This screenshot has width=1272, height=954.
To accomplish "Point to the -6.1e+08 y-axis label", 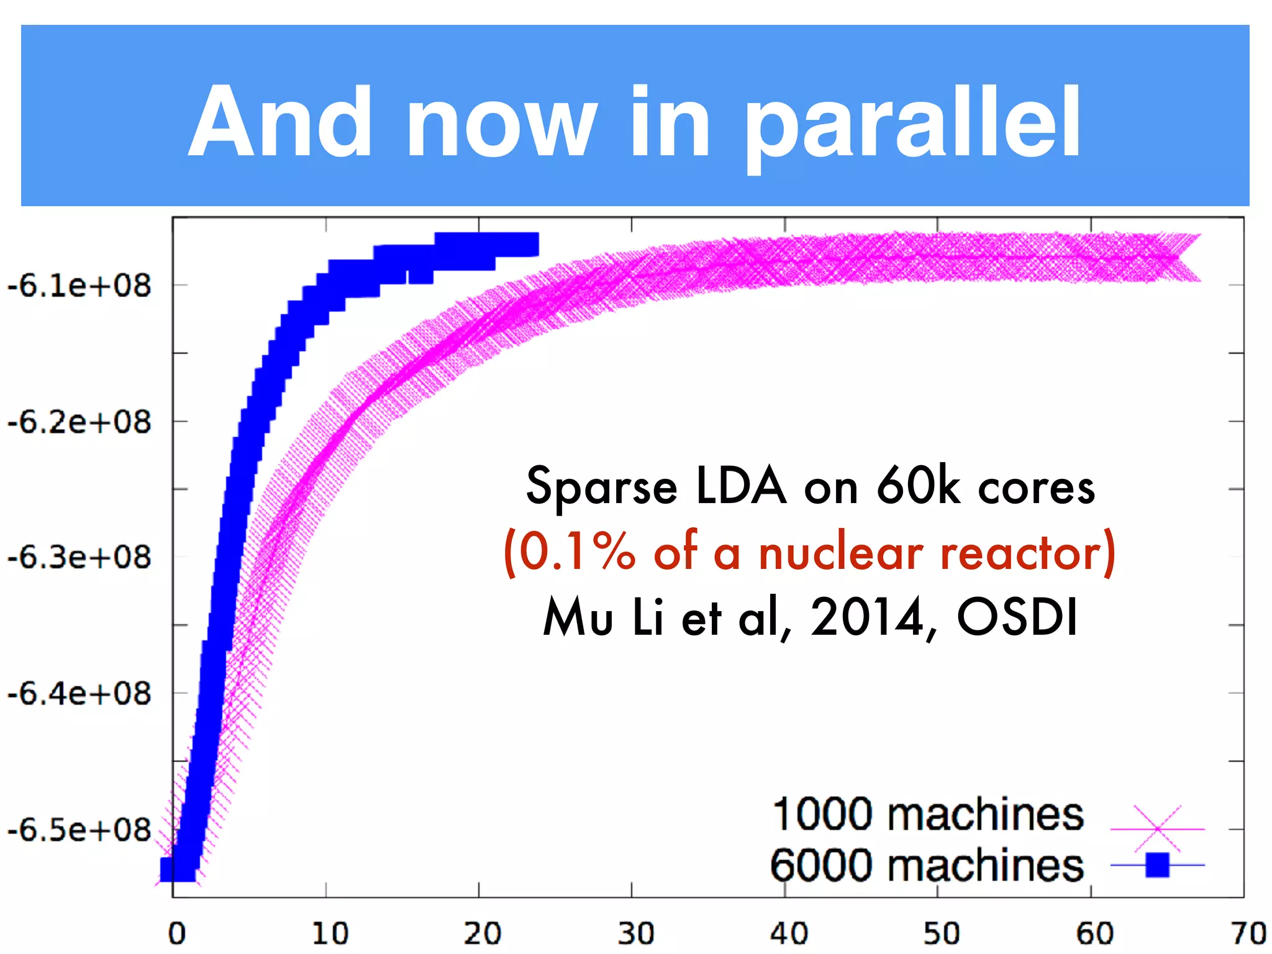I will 79,286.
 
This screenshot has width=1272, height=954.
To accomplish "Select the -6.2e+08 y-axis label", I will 79,422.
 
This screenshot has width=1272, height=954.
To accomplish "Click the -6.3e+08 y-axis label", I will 79,557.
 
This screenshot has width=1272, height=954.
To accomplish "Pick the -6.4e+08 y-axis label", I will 79,693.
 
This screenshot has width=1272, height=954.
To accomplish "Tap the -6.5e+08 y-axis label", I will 79,829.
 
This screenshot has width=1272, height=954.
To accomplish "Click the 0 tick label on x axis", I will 177,934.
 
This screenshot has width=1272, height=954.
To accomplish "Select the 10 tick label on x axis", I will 330,934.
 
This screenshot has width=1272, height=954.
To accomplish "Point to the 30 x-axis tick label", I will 636,934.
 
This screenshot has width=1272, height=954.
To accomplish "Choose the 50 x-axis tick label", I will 942,934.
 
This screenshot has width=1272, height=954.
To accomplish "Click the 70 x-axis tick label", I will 1248,934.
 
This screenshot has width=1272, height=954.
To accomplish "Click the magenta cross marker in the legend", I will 1158,829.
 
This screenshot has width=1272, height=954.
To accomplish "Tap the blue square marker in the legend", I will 1158,865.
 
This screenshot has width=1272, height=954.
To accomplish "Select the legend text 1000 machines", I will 928,815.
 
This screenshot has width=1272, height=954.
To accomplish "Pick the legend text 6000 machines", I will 927,866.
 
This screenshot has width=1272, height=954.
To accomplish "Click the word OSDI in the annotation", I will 1017,617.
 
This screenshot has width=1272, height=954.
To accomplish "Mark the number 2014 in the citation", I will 867,617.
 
